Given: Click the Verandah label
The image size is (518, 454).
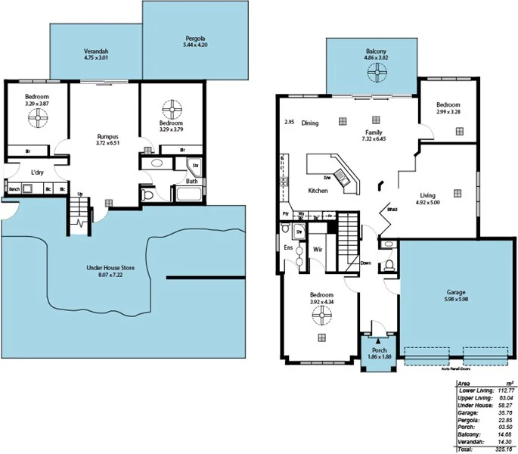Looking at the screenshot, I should tap(96, 51).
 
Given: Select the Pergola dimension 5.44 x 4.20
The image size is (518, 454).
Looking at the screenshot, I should tap(196, 45).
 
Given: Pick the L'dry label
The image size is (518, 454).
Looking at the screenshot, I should tap(36, 173).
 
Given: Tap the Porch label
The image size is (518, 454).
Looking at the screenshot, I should tap(379, 350).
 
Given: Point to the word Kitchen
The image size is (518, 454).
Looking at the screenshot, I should tap(318, 191).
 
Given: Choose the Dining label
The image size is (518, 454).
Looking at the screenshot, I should tap(310, 123).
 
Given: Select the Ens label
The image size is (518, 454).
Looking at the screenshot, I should tap(287, 247).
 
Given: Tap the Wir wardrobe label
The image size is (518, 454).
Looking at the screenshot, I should tap(318, 247).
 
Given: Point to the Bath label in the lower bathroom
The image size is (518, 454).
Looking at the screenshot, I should tap(192, 182).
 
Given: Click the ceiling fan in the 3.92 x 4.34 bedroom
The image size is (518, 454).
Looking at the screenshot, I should tap(323, 316).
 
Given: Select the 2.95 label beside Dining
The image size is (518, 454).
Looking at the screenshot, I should tap(289, 123).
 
